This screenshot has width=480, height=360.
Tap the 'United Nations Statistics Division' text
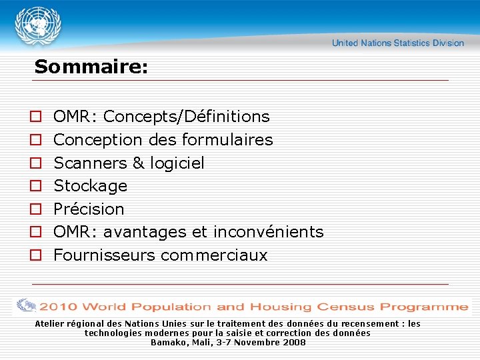[398, 43]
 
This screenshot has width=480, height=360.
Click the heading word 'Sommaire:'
[91, 67]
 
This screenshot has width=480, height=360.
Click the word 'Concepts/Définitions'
[187, 117]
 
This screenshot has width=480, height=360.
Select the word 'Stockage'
[90, 185]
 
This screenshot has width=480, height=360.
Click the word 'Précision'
[89, 209]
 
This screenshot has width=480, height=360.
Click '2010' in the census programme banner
[59, 307]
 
